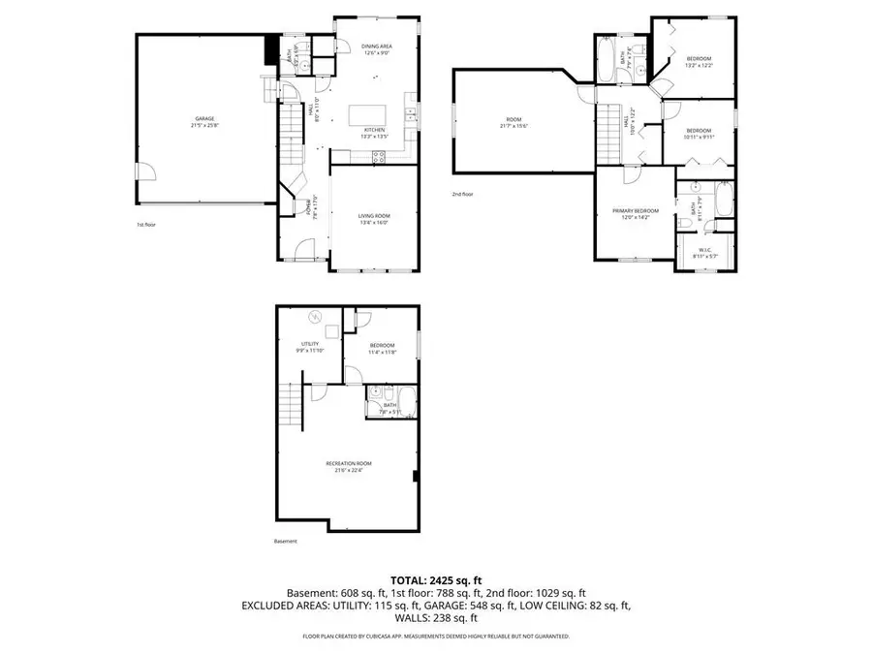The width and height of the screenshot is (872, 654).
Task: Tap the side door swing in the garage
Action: point(144,173)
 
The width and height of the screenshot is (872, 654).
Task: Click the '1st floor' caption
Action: point(147,225)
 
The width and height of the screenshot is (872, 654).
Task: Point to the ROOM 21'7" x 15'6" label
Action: point(514,122)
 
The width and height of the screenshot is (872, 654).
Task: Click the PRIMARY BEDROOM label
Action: point(635,214)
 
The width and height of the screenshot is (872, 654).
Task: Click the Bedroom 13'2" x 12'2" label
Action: point(699,61)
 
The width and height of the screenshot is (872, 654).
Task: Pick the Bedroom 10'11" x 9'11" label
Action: point(699,134)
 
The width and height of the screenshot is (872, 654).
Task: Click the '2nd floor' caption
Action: point(462,194)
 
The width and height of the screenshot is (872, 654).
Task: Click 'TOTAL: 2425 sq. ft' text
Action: point(435,577)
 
